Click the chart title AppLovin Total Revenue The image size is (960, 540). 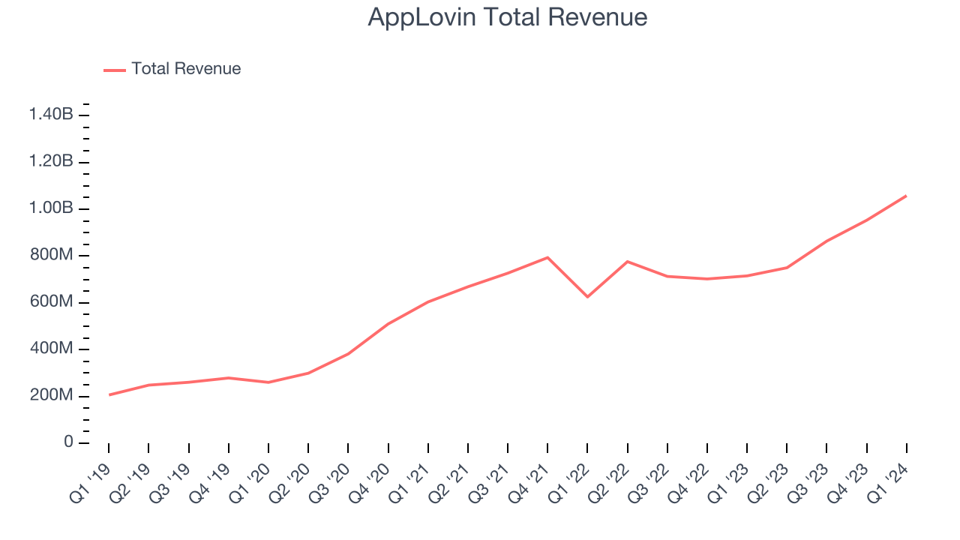(x=507, y=17)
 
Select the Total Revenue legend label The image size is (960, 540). (x=186, y=69)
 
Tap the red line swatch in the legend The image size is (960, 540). (x=115, y=70)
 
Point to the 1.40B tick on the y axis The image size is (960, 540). (x=51, y=115)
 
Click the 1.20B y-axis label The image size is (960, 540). (x=51, y=161)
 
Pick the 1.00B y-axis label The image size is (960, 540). (x=51, y=208)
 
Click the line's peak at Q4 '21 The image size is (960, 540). (x=547, y=257)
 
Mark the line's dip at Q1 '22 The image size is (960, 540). (x=587, y=297)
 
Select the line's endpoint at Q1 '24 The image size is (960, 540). (x=906, y=196)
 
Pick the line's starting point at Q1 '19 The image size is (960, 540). (x=109, y=394)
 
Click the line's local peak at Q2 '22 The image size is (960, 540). (x=627, y=262)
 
